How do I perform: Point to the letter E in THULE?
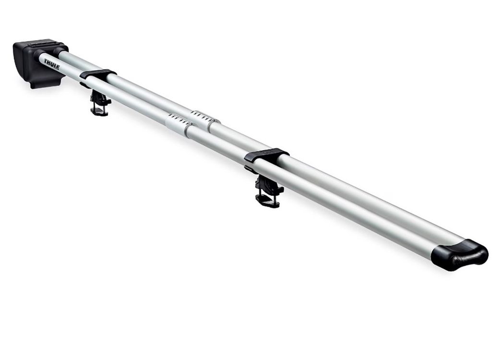58,67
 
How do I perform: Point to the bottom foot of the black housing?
45,84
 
